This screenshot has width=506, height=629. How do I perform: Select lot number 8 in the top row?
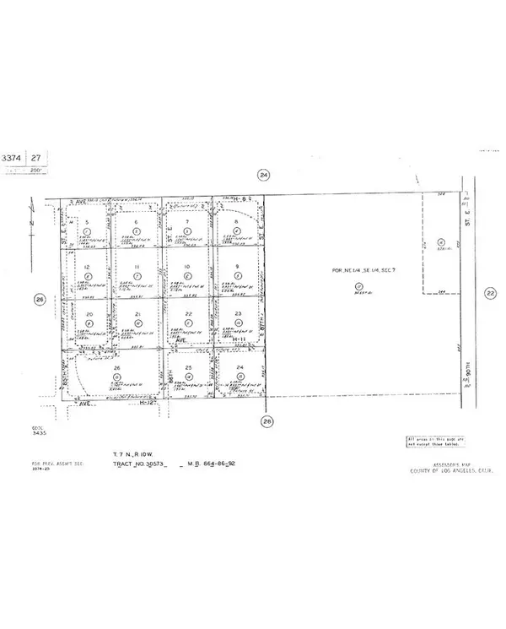coord(239,221)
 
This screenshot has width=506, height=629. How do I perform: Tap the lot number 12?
coord(88,267)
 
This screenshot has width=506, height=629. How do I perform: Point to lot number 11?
coord(137,267)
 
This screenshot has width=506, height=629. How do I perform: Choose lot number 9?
coord(239,267)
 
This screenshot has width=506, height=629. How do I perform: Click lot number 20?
coord(88,313)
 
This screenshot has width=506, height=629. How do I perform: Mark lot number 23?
coord(239,313)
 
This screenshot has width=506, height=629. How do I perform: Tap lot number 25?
coord(188,367)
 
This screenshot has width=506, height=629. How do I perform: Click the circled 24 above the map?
coord(264,175)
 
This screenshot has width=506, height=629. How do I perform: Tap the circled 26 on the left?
coord(39,299)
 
